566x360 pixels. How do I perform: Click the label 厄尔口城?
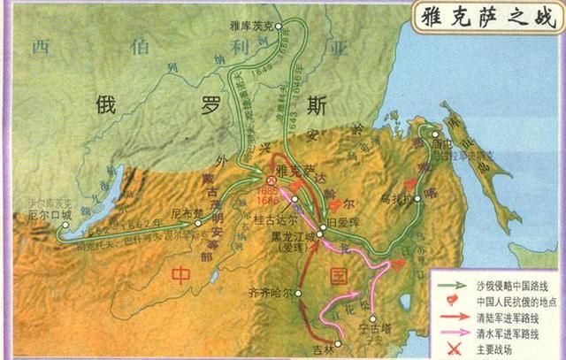[44, 211]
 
